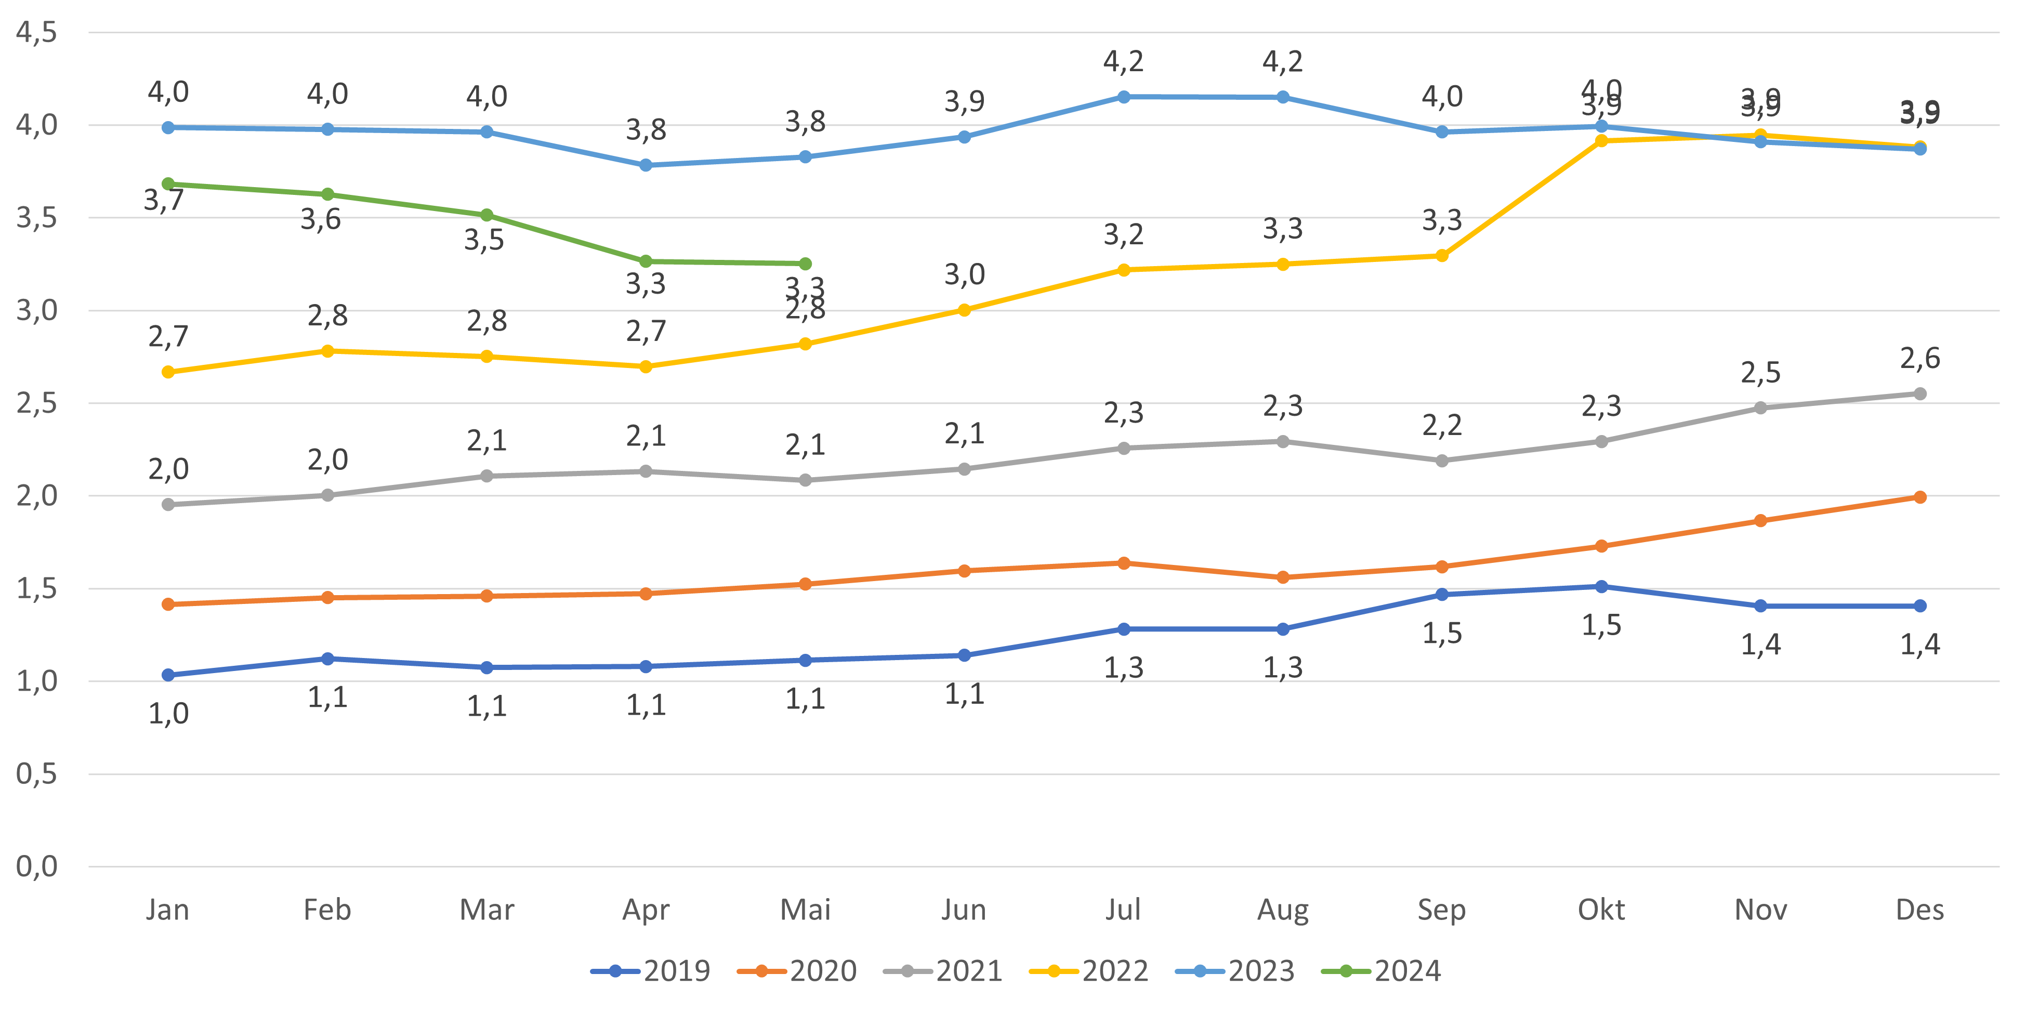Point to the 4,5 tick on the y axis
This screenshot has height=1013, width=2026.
(x=36, y=33)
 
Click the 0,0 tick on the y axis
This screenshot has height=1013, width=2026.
(x=36, y=867)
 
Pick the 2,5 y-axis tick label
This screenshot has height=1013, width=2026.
(x=36, y=403)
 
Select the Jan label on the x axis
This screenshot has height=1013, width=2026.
(x=167, y=910)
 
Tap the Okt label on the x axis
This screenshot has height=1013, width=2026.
(x=1601, y=910)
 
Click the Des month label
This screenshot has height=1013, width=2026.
(x=1920, y=910)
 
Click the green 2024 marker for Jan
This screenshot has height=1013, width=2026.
(x=167, y=183)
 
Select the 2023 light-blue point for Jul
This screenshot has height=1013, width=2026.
(x=1124, y=97)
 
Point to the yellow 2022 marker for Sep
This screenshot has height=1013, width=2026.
(x=1442, y=256)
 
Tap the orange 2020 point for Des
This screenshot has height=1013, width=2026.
(x=1920, y=497)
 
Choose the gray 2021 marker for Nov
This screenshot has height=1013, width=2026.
(x=1761, y=407)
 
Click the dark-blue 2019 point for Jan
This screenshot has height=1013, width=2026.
(x=167, y=675)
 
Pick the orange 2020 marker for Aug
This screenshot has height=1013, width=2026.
(x=1283, y=577)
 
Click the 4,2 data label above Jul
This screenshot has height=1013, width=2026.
(x=1123, y=61)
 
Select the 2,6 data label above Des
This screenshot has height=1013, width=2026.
(x=1920, y=359)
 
